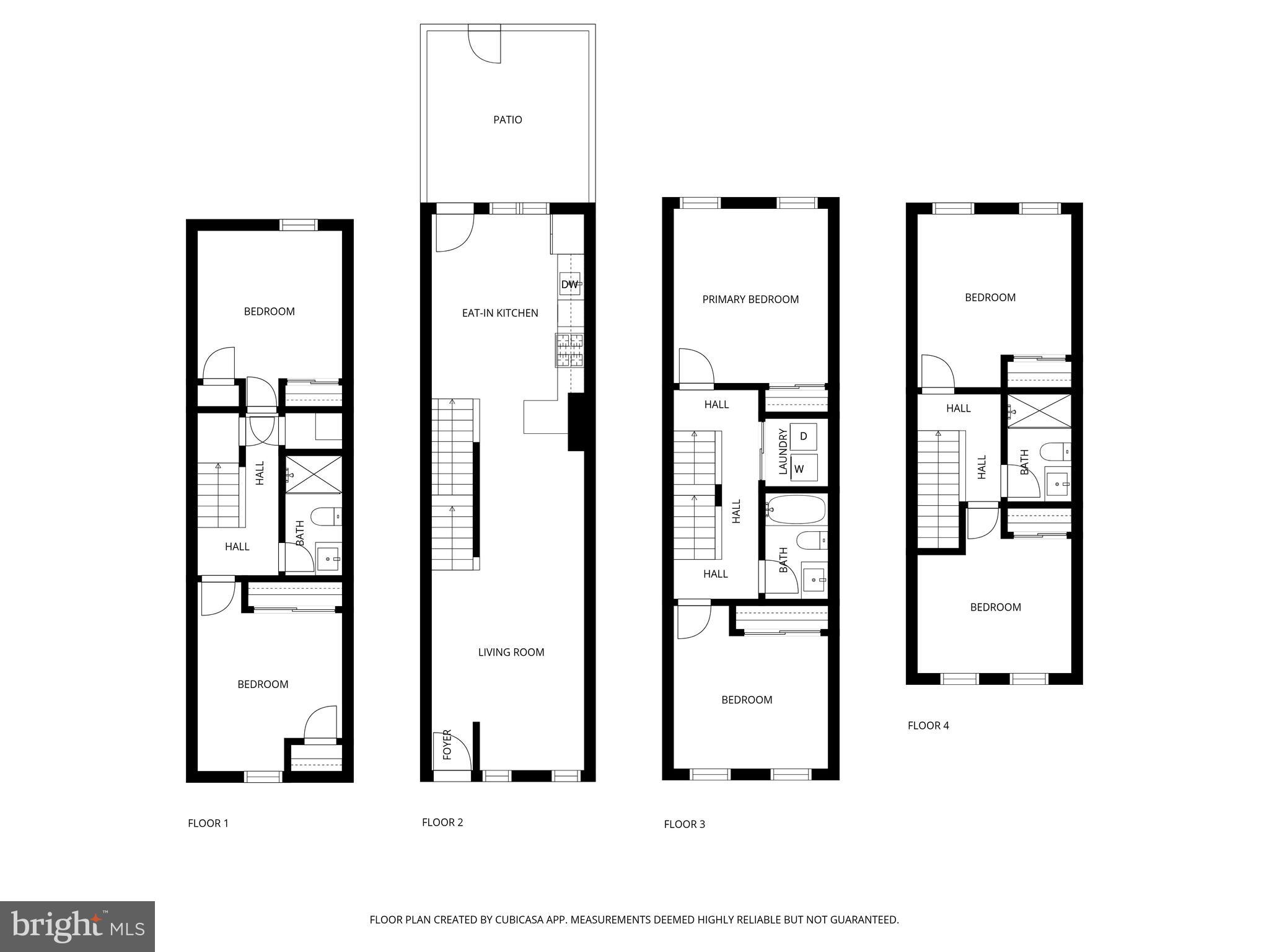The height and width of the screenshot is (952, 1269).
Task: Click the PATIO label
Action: pyautogui.click(x=507, y=120)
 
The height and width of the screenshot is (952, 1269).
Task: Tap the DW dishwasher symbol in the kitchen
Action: pyautogui.click(x=569, y=285)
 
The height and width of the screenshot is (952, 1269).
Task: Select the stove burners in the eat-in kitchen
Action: pyautogui.click(x=569, y=350)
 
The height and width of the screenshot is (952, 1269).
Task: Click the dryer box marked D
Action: pyautogui.click(x=804, y=436)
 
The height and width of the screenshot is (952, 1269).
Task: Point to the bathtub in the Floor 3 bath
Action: pyautogui.click(x=796, y=509)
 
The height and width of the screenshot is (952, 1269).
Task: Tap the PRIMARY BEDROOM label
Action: pyautogui.click(x=750, y=299)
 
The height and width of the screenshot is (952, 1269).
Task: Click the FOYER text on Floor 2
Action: pyautogui.click(x=447, y=744)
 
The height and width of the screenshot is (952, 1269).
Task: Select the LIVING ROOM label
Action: pyautogui.click(x=511, y=652)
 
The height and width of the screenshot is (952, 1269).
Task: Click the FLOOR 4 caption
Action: pyautogui.click(x=928, y=725)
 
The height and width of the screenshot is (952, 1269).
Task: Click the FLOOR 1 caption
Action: pyautogui.click(x=208, y=823)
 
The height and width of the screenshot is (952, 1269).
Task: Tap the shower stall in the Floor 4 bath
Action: pyautogui.click(x=1039, y=410)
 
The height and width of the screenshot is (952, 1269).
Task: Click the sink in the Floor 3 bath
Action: pyautogui.click(x=814, y=580)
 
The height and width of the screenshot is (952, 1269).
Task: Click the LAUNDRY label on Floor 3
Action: pyautogui.click(x=783, y=452)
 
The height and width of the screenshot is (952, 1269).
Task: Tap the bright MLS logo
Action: pyautogui.click(x=77, y=926)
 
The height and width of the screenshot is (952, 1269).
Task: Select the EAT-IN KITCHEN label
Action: pyautogui.click(x=500, y=313)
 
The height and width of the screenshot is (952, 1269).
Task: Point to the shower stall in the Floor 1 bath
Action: pyautogui.click(x=314, y=475)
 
